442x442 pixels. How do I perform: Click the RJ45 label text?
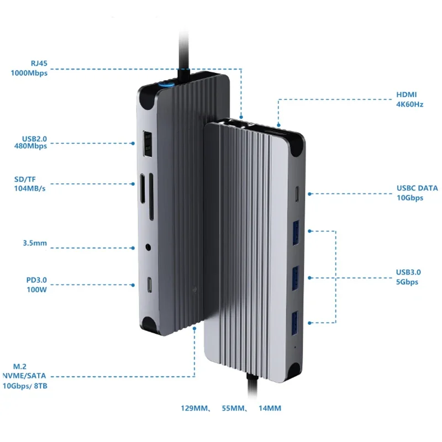[x=39, y=63]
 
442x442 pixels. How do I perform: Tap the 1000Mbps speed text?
[x=29, y=73]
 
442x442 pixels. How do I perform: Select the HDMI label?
[x=406, y=94]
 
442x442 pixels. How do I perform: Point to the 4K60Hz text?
[x=409, y=104]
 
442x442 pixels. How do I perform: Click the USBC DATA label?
[x=417, y=188]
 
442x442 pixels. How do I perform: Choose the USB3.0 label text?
[x=408, y=272]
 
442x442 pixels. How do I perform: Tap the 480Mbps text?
[x=30, y=146]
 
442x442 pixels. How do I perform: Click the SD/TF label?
[x=25, y=179]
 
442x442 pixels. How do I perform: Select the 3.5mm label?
[x=35, y=243]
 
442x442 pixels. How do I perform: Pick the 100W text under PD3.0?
[x=36, y=290]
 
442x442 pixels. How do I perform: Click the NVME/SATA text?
[x=24, y=376]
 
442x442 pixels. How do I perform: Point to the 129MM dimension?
[x=194, y=408]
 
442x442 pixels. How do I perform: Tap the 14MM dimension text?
[x=270, y=408]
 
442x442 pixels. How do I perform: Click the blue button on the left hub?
[x=166, y=83]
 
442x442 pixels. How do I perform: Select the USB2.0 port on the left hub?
[x=148, y=144]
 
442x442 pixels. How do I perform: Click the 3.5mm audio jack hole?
[x=148, y=248]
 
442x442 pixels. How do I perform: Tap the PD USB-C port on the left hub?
[x=150, y=285]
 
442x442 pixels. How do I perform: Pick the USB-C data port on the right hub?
[x=297, y=194]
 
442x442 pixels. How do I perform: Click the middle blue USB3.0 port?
[x=295, y=278]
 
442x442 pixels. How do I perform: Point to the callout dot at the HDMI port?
[x=278, y=125]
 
